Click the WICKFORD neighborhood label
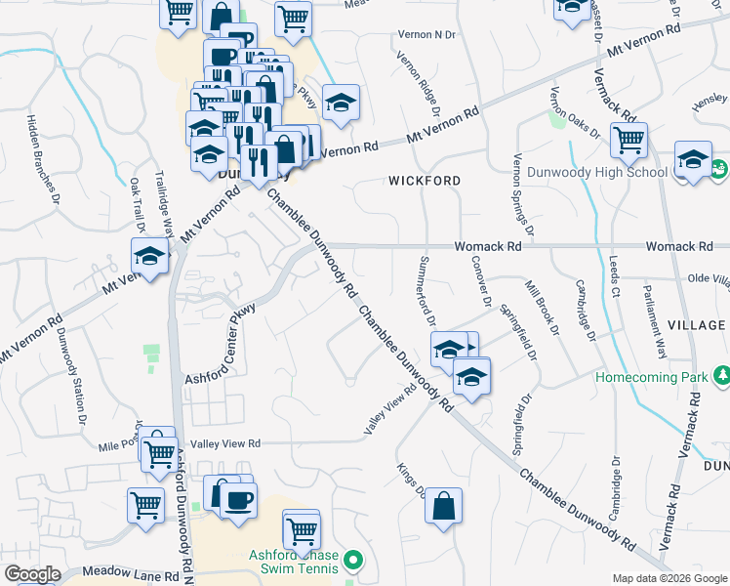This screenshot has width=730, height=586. click(425, 181)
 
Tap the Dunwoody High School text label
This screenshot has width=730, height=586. click(596, 173)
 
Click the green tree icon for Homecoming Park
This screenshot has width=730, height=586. click(721, 375)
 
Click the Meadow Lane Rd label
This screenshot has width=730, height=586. click(122, 570)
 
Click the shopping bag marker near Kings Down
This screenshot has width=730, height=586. click(443, 508)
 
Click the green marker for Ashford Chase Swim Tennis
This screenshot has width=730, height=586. click(353, 561)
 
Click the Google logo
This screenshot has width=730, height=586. click(32, 573)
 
